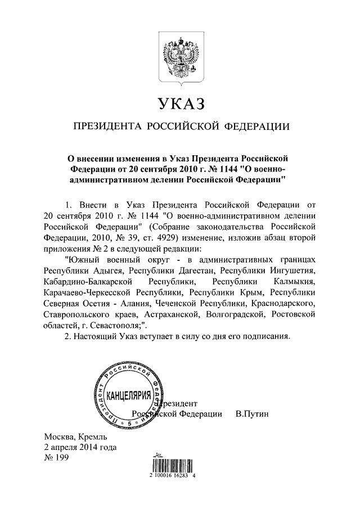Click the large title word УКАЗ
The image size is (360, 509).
[179, 103]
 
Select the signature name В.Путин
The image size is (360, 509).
[253, 414]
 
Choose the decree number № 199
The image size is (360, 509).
[55, 458]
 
